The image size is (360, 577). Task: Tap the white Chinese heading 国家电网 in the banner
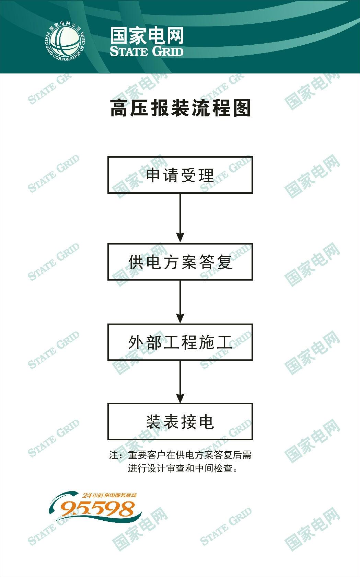147,36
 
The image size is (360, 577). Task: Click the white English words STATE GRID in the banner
147,51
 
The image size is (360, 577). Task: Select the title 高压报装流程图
181,108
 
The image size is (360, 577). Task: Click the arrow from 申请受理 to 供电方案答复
180,218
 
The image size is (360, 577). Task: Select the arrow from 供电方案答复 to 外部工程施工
180,302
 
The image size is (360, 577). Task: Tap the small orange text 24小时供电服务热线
109,495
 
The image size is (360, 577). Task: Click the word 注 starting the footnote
114,455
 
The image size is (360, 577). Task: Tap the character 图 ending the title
242,108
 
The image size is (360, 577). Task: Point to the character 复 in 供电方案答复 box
225,262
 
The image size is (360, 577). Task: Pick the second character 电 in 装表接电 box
207,422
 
